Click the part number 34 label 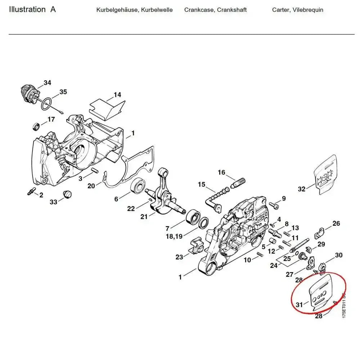pos(47,83)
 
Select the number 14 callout pos(117,95)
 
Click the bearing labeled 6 pos(138,186)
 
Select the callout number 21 pos(144,216)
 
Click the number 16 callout pos(221,172)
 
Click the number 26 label pos(336,224)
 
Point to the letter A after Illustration pos(53,9)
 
